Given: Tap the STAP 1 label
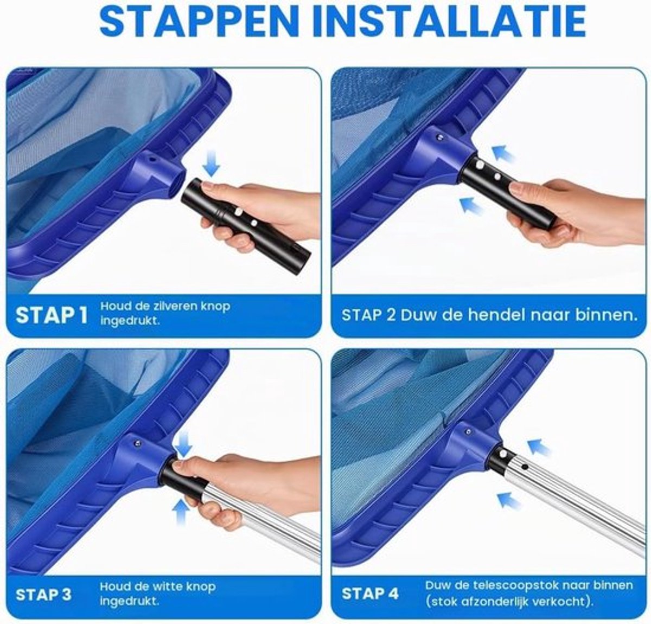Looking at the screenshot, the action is (x=52, y=315).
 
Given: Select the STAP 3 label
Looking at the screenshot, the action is (x=44, y=595).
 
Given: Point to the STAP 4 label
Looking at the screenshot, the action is (x=371, y=594).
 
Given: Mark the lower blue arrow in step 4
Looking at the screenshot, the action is (x=509, y=500).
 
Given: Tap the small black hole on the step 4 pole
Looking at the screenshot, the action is (x=526, y=466).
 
